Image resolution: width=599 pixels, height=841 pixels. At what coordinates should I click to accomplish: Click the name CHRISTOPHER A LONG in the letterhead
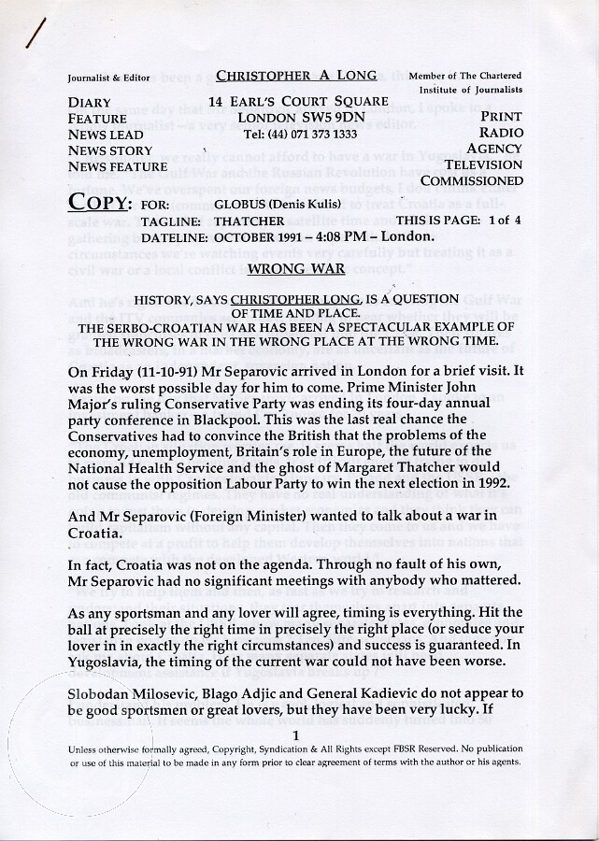click(x=296, y=76)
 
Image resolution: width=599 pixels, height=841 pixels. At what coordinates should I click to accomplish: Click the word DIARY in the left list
click(x=90, y=103)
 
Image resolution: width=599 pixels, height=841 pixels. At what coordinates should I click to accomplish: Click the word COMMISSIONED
click(x=472, y=180)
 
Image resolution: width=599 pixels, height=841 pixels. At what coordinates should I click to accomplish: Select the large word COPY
click(x=98, y=204)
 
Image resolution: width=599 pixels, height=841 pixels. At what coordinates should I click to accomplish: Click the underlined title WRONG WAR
click(x=296, y=270)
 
